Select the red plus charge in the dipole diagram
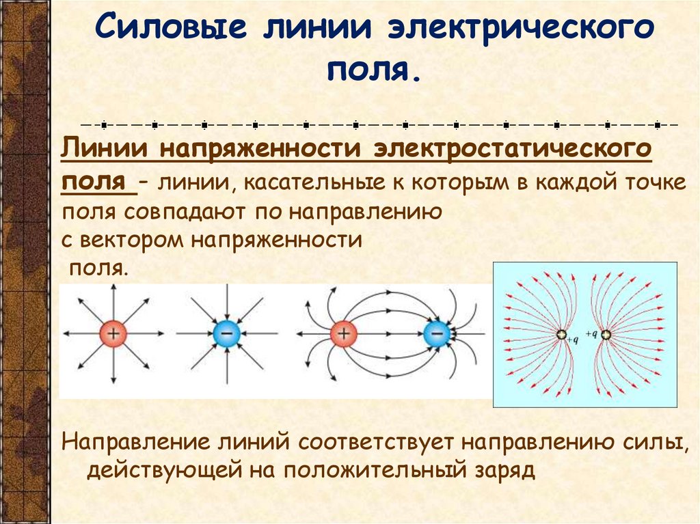click(342, 333)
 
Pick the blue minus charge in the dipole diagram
click(435, 333)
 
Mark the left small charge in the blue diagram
click(561, 335)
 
